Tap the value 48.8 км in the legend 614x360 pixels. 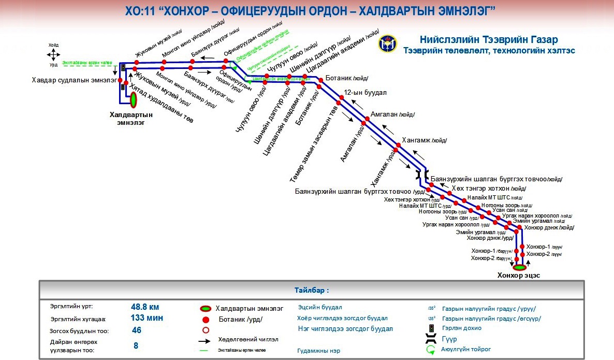(x=145, y=306)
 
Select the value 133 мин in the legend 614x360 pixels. (x=147, y=318)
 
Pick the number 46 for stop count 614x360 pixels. (x=137, y=330)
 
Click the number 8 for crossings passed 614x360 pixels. (x=136, y=345)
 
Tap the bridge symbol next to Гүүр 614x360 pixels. (x=431, y=339)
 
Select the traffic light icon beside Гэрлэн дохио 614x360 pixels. (x=431, y=328)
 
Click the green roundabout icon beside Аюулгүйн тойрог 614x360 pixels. (x=431, y=350)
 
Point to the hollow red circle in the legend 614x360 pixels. (x=206, y=330)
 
